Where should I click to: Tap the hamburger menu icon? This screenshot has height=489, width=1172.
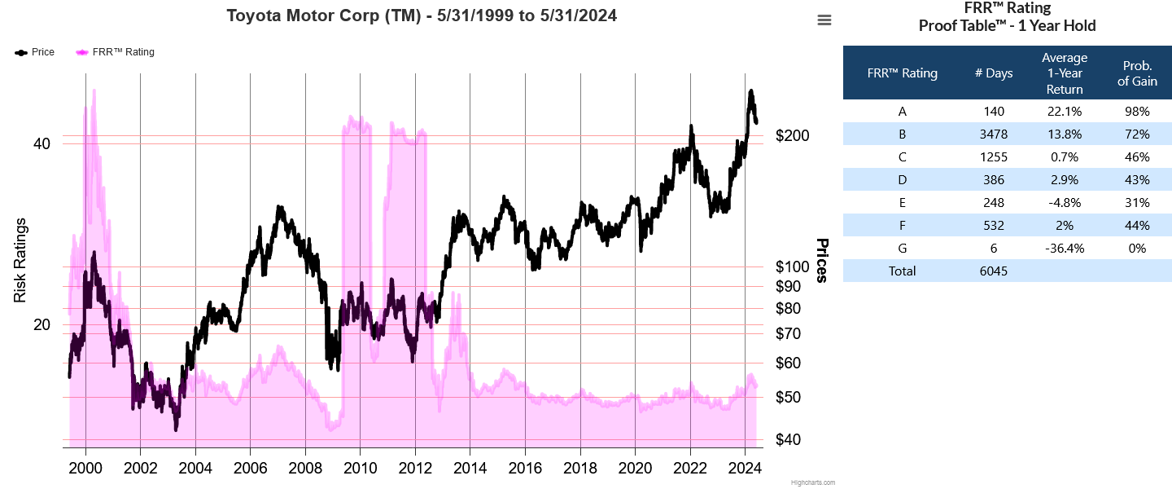[x=824, y=20]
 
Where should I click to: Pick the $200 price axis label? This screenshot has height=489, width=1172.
[x=792, y=135]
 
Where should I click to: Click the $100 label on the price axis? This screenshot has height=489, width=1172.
[x=792, y=267]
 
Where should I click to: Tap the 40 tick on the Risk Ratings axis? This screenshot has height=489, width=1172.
[x=42, y=144]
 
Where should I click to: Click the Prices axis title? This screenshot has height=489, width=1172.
[x=822, y=261]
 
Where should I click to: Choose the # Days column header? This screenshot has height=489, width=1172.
[x=994, y=73]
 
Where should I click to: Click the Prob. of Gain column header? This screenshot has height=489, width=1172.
[x=1137, y=73]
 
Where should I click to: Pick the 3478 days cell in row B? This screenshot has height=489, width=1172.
[x=994, y=134]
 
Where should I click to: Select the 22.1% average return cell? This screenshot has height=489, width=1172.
[x=1065, y=111]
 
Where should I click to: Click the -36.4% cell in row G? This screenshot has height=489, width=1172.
[x=1065, y=248]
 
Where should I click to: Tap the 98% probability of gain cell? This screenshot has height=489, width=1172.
[x=1137, y=111]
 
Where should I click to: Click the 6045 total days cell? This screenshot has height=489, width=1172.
[x=994, y=271]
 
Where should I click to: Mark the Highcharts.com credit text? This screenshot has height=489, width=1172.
[x=812, y=482]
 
